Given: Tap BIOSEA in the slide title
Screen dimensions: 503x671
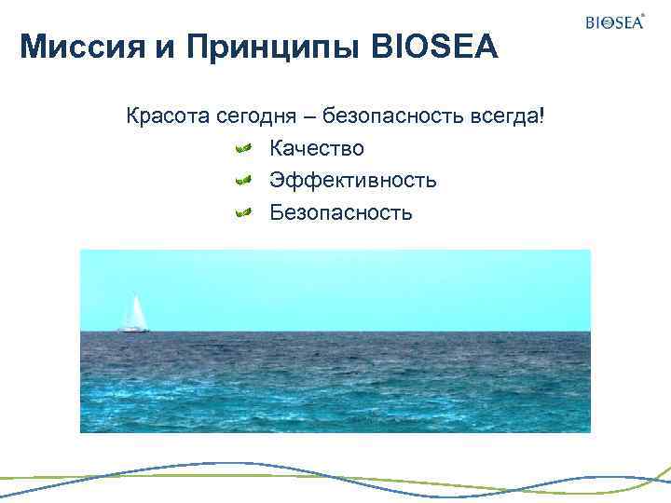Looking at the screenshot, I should (435, 47).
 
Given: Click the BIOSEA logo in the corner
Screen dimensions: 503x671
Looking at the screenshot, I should (613, 22).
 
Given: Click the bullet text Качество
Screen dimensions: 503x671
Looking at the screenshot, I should (317, 148).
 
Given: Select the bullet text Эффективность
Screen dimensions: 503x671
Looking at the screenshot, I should (353, 180).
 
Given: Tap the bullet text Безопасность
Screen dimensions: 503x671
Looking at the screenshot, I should (340, 212).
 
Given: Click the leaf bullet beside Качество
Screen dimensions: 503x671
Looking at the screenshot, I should (242, 148).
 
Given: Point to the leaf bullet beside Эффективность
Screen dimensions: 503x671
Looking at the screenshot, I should (242, 180).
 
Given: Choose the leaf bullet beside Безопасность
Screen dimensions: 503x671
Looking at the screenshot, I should (242, 213).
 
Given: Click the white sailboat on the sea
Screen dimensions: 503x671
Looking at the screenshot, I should (134, 316).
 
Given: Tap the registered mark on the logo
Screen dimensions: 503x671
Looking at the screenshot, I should (643, 15).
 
